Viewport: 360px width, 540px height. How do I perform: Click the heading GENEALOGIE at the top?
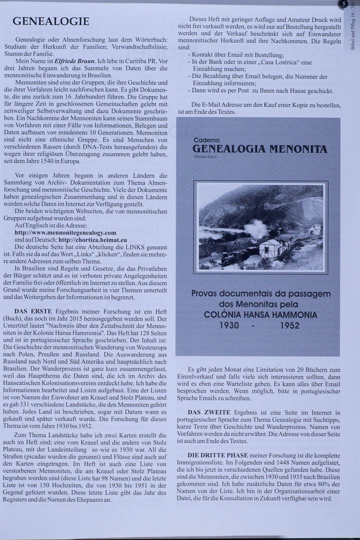51,21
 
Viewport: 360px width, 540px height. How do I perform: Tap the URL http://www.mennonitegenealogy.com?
65,233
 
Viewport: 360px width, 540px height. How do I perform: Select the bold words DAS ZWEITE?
209,413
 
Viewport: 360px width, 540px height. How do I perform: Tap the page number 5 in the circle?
343,5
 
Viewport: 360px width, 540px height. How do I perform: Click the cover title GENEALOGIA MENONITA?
259,149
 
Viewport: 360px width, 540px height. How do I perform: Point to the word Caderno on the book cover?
207,140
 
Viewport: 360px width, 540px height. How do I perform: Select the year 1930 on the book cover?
229,326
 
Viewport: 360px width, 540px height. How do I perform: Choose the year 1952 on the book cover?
289,326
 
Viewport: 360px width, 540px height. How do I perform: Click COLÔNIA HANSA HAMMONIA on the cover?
260,315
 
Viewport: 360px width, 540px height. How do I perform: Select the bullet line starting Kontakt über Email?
238,55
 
